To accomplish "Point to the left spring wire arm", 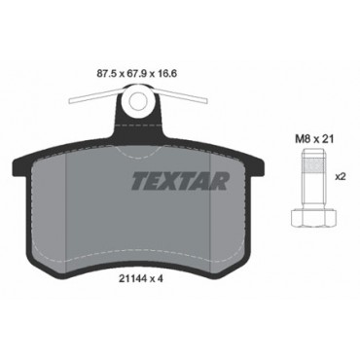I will pos(95,97).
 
